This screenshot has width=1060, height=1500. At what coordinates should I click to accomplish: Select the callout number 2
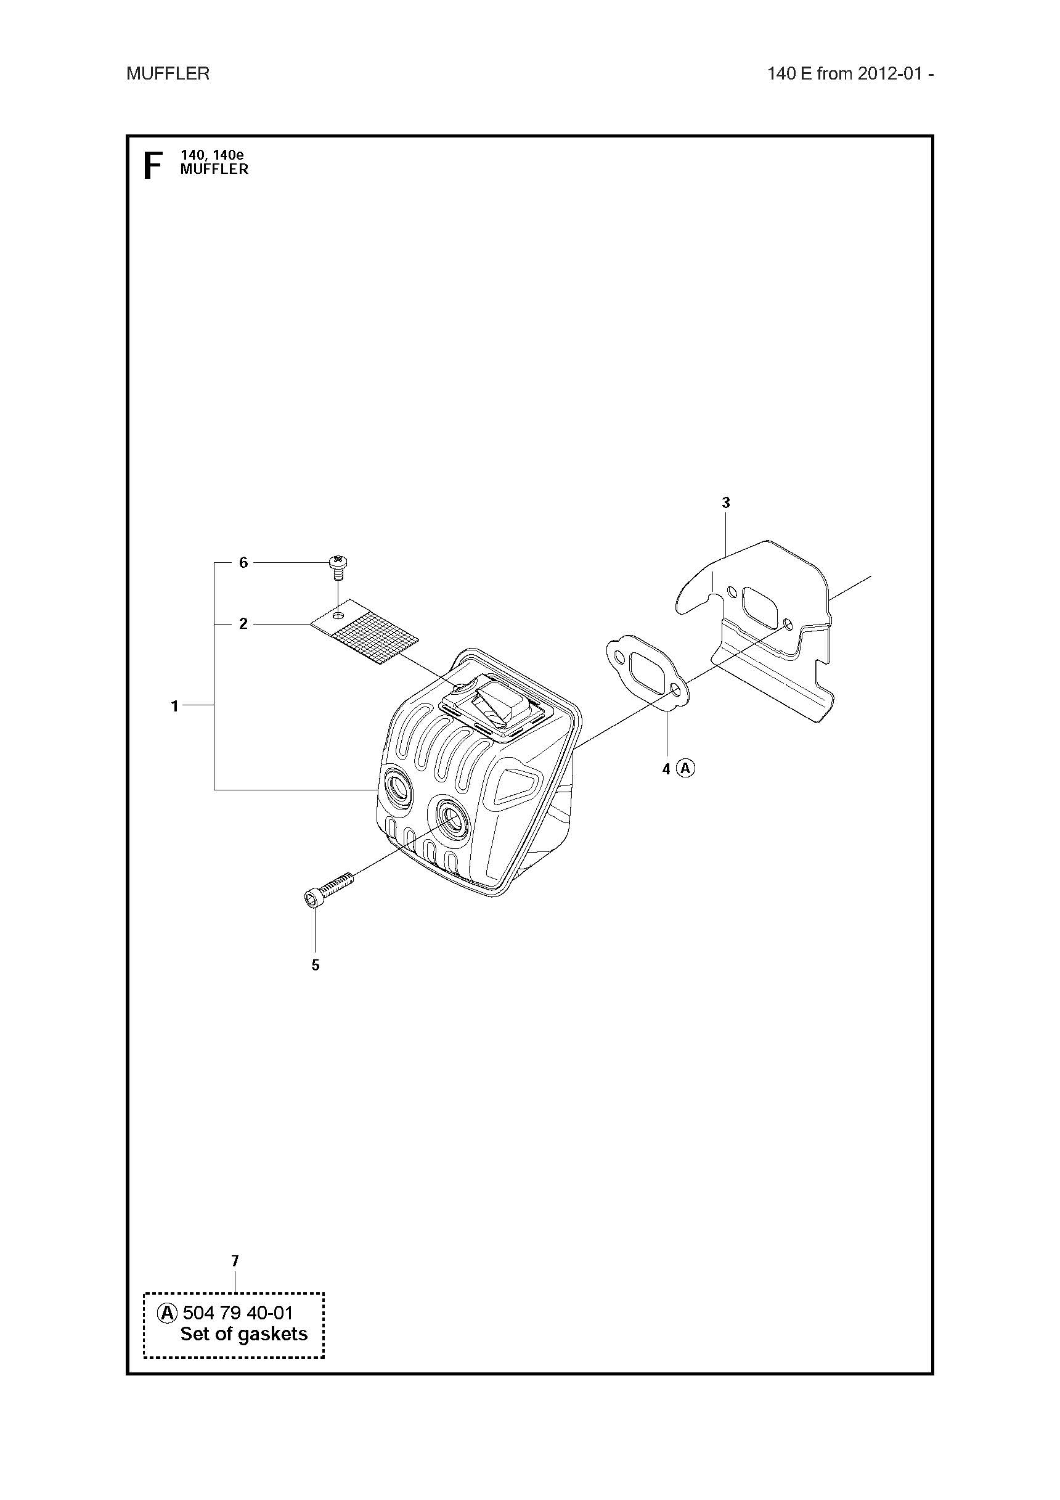[243, 624]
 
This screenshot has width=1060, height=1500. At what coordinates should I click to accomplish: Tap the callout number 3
[725, 502]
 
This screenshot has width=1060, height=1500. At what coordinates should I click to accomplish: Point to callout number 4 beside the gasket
[666, 769]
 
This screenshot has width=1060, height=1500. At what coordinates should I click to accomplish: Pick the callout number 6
[243, 562]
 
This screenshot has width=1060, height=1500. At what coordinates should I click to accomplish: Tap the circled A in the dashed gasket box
[167, 1313]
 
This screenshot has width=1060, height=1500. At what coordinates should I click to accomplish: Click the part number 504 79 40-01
[238, 1313]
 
